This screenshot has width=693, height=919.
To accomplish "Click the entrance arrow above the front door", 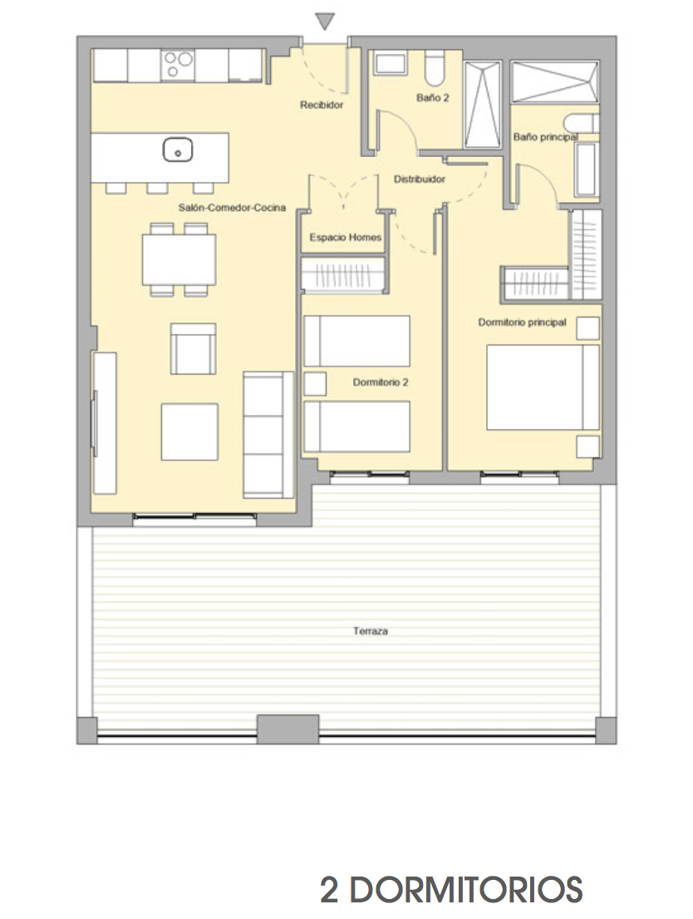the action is pyautogui.click(x=324, y=22).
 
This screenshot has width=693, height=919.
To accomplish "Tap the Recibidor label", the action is pyautogui.click(x=322, y=105).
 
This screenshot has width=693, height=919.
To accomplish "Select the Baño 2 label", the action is pyautogui.click(x=433, y=98).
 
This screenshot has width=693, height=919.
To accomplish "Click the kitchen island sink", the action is pyautogui.click(x=178, y=150).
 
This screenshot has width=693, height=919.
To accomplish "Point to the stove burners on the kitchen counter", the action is pyautogui.click(x=178, y=65).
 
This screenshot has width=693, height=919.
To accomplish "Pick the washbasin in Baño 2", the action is pyautogui.click(x=391, y=63).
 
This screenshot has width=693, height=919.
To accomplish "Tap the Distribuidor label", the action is pyautogui.click(x=419, y=179).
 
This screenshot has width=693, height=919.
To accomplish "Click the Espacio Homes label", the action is pyautogui.click(x=346, y=238).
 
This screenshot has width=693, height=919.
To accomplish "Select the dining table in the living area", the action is pyautogui.click(x=179, y=259).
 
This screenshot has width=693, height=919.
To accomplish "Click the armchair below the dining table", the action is pyautogui.click(x=193, y=349).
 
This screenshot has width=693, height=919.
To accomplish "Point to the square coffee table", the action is pyautogui.click(x=189, y=432).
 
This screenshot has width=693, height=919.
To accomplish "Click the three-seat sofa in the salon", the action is pyautogui.click(x=268, y=435).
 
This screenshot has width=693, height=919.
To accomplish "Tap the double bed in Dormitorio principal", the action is pyautogui.click(x=543, y=387).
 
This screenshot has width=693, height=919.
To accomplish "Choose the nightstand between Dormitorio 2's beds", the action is pyautogui.click(x=315, y=384).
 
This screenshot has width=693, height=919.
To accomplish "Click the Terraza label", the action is pyautogui.click(x=371, y=632).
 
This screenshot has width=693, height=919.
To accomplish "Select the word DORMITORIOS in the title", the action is pyautogui.click(x=466, y=890).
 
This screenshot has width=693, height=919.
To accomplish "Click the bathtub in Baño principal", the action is pyautogui.click(x=586, y=170).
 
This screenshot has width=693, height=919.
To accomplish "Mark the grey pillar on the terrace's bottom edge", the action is pyautogui.click(x=288, y=729).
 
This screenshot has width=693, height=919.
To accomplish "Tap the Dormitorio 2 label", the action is pyautogui.click(x=380, y=382).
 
